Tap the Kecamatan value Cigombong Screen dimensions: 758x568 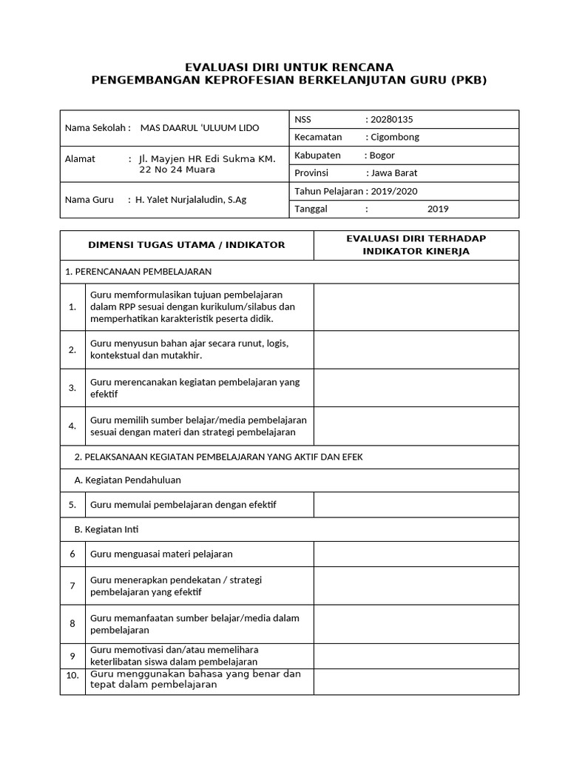397,138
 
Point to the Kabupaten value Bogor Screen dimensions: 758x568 383,155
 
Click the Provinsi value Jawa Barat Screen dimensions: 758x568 395,173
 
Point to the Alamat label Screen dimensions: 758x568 80,159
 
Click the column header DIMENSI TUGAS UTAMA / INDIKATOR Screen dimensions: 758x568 186,245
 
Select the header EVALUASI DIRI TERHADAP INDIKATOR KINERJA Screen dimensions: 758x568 416,245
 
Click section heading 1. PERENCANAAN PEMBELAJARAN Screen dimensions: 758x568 139,272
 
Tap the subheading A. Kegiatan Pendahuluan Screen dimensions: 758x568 128,480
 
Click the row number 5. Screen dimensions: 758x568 72,505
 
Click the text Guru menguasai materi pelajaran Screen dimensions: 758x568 161,554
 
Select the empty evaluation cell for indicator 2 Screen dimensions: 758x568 416,349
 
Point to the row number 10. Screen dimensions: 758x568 72,676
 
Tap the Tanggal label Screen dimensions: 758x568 312,209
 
